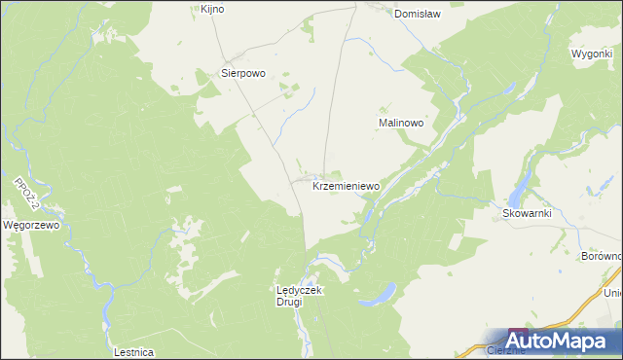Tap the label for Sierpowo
coord(243,73)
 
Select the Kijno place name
coord(212,9)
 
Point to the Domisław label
coord(419,14)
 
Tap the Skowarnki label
coord(527,213)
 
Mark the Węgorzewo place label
coord(32,225)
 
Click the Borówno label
coord(601,256)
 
